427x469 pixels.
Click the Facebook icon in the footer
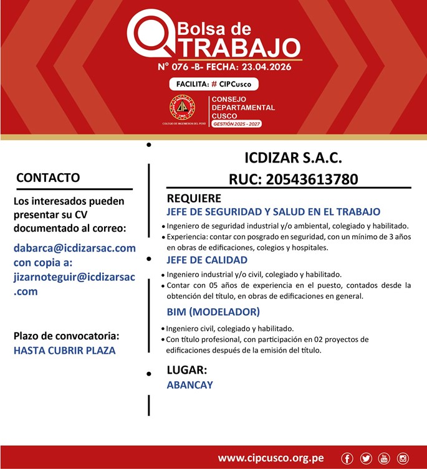tap(348, 458)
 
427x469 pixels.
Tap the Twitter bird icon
tap(366, 458)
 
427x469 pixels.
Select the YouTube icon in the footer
tap(384, 458)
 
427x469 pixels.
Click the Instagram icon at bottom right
tap(403, 458)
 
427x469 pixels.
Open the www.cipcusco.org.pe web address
tap(271, 458)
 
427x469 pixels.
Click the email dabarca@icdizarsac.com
tap(74, 248)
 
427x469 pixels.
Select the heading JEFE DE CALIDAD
tap(207, 260)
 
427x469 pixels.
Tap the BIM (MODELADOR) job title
tap(213, 311)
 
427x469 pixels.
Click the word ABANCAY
tap(190, 385)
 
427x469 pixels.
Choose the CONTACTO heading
tap(48, 178)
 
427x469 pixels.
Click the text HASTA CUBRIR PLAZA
tap(64, 350)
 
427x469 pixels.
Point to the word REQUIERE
tap(194, 199)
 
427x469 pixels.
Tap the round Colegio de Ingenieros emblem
tap(183, 108)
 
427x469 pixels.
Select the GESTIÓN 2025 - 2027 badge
tap(236, 124)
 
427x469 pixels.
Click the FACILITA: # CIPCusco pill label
tap(213, 84)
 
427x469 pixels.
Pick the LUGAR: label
tap(186, 370)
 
